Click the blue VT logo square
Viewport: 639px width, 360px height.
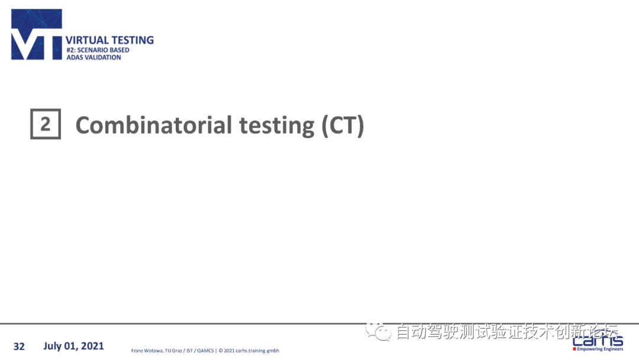click(x=37, y=35)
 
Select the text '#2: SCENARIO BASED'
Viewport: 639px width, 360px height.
click(x=98, y=50)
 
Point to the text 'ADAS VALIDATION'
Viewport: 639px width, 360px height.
click(x=93, y=57)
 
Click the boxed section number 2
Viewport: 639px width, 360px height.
click(x=46, y=124)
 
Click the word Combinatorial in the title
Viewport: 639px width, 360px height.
click(x=154, y=125)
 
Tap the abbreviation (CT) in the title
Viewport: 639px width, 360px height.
click(x=343, y=125)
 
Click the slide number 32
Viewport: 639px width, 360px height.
click(x=19, y=346)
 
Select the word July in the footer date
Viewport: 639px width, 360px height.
click(x=53, y=346)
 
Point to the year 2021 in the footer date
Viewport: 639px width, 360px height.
click(x=92, y=346)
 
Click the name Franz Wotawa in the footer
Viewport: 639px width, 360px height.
click(x=147, y=351)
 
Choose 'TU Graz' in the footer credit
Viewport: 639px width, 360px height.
click(x=173, y=351)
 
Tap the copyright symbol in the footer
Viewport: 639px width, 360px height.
click(x=221, y=351)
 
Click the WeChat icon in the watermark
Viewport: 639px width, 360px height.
click(x=378, y=330)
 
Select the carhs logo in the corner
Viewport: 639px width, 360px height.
click(x=598, y=340)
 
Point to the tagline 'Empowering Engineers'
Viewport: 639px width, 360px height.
click(x=600, y=349)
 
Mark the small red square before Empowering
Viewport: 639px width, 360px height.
click(x=574, y=349)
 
